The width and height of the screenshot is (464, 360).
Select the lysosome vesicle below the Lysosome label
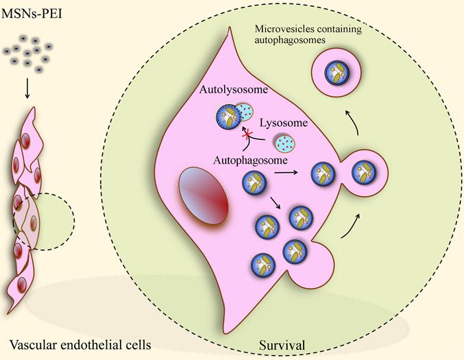[x=285, y=143]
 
